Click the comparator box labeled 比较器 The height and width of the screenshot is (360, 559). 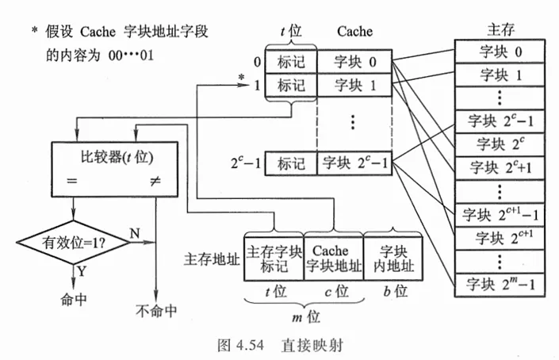[115, 170]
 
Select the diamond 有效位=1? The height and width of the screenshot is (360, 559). [74, 243]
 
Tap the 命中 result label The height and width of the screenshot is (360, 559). [74, 300]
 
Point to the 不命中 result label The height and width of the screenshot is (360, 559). [156, 311]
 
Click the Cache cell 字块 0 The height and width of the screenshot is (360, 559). [354, 62]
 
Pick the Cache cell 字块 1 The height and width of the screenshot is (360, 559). [354, 85]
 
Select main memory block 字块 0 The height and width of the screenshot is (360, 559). [500, 52]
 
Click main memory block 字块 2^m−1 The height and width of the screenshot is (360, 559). [500, 285]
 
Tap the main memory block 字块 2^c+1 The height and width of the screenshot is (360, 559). [500, 168]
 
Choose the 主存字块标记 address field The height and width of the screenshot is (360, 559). [274, 259]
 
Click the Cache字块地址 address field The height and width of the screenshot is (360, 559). [334, 259]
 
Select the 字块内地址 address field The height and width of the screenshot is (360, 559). [393, 259]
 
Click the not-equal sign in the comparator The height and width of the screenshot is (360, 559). [155, 181]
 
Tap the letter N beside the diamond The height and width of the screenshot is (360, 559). [135, 233]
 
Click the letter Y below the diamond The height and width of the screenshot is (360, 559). [82, 272]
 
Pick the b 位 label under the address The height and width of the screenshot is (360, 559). [396, 291]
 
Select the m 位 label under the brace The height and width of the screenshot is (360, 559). [306, 316]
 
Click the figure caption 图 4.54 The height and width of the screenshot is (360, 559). [240, 345]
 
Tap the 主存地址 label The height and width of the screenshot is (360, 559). [212, 259]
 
